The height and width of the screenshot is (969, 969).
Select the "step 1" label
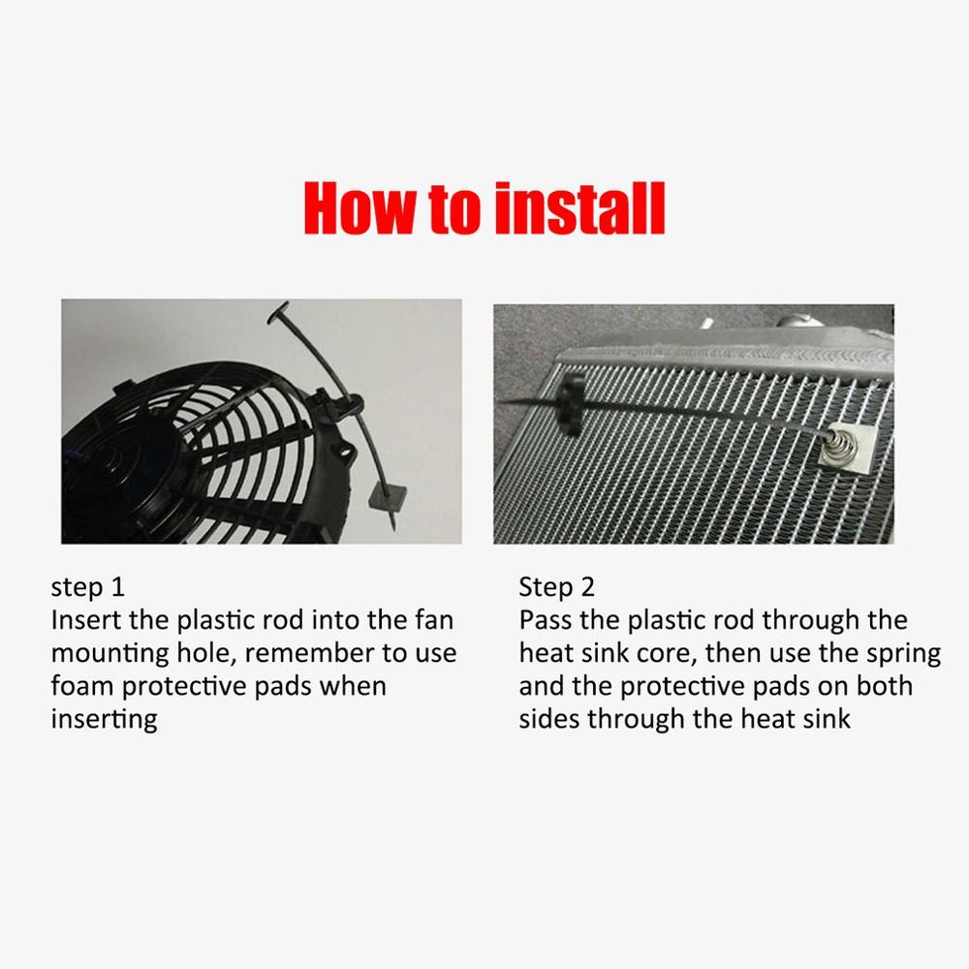tap(88, 587)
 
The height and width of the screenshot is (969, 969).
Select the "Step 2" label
tap(557, 587)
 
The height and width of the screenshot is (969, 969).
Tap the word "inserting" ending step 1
tap(104, 719)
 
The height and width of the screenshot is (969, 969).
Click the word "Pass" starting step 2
tap(546, 620)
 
